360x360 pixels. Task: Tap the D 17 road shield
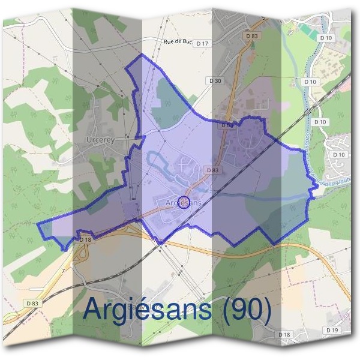(203, 44)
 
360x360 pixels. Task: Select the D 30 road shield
(215, 80)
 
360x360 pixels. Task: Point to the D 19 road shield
(331, 330)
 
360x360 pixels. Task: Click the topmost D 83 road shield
(253, 37)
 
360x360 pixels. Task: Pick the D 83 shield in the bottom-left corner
(32, 304)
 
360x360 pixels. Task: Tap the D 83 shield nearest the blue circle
(212, 170)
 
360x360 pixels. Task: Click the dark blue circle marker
(184, 202)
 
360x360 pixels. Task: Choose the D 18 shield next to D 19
(284, 334)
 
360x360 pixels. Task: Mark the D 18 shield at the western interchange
(85, 240)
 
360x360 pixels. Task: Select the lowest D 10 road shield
(338, 155)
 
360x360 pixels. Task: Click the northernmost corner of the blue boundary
(142, 55)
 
